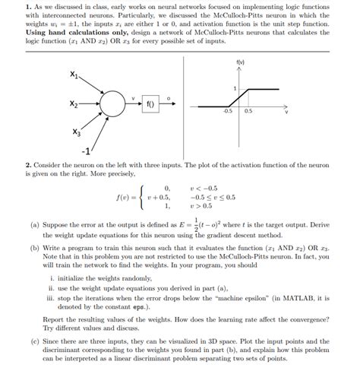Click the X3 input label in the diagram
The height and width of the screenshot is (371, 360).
[x=77, y=132]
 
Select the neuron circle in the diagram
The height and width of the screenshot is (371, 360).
[x=115, y=103]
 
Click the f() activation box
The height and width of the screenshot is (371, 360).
[x=151, y=103]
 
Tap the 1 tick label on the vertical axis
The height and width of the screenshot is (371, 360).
[x=235, y=89]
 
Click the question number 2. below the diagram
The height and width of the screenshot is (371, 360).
[x=28, y=163]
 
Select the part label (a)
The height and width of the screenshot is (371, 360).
[x=35, y=226]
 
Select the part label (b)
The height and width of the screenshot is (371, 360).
[x=35, y=248]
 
